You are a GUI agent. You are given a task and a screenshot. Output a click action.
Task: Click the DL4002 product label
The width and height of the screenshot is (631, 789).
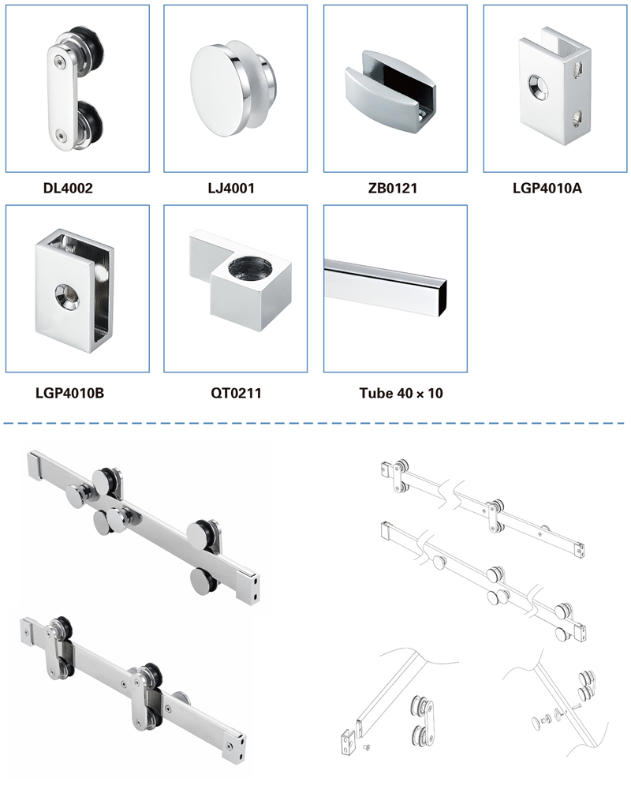(68, 189)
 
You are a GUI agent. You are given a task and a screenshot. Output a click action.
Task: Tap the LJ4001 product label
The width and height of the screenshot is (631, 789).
(231, 189)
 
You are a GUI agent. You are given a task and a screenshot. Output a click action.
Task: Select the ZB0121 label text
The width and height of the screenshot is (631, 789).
(393, 189)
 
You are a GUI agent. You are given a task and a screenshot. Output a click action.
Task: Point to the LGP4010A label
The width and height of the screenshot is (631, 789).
(547, 189)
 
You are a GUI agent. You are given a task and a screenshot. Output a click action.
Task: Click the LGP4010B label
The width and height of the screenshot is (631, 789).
(70, 393)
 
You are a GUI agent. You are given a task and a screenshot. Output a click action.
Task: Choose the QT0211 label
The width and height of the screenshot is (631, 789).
(236, 393)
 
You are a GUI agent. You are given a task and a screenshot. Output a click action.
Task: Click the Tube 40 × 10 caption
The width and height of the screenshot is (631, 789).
(401, 393)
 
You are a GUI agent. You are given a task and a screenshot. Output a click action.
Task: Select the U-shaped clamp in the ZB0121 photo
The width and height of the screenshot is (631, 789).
(390, 92)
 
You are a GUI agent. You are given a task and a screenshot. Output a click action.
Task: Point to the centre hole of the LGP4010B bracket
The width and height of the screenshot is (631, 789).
(67, 295)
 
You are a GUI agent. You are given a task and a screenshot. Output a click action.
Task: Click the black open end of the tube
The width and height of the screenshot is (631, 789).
(443, 301)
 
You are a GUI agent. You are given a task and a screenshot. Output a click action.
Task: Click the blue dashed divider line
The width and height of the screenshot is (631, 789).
(314, 423)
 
